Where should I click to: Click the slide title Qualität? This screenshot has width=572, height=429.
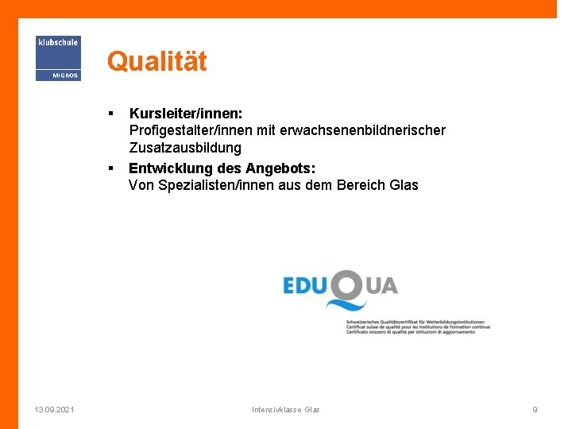click(157, 61)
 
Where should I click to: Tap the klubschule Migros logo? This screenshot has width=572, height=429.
click(58, 58)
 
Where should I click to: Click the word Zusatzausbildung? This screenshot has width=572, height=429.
click(185, 148)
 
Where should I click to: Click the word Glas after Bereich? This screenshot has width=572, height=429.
click(404, 185)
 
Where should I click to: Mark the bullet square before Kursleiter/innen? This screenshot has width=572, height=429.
click(112, 114)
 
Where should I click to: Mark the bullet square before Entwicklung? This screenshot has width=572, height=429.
click(112, 168)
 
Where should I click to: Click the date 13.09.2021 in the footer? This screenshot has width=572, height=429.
click(55, 409)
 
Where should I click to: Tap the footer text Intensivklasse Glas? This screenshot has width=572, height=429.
click(286, 409)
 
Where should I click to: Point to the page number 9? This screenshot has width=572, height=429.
click(535, 409)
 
